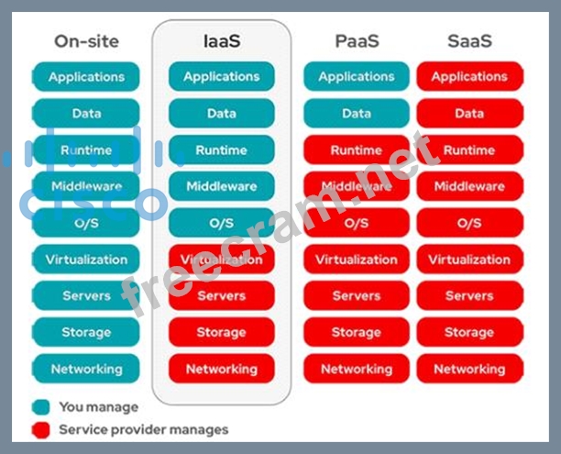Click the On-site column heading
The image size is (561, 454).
coord(85,40)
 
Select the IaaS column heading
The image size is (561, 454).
coord(221,40)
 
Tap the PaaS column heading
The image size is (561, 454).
coord(356,40)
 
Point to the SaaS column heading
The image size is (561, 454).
coord(469,40)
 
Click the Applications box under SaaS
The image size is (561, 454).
coord(469,77)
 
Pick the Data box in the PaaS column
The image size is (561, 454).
coord(356,114)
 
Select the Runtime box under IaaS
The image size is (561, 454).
coord(221,149)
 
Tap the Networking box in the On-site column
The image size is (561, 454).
coord(85,369)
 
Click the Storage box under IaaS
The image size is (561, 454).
coord(221,332)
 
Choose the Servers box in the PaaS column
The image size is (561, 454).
coord(356,295)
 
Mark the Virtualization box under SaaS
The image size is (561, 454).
coord(469,260)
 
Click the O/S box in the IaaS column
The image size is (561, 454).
coord(221,223)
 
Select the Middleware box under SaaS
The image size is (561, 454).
coord(469,186)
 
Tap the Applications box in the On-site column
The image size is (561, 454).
coord(85,77)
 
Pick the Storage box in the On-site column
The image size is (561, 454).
coord(85,332)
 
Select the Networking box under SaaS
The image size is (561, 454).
coord(469,369)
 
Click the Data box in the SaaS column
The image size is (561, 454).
coord(469,114)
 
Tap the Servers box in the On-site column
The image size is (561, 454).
coord(85,295)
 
